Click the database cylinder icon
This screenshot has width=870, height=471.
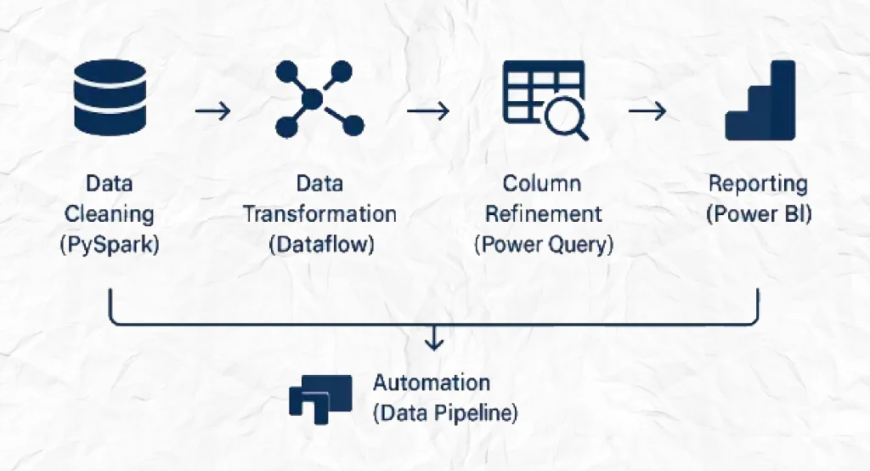click(x=110, y=98)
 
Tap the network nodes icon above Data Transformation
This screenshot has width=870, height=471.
click(x=319, y=99)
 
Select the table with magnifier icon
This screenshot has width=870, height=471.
click(x=545, y=100)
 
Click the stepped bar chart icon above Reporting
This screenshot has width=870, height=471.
click(x=760, y=100)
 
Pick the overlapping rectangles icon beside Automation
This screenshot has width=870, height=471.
click(x=320, y=400)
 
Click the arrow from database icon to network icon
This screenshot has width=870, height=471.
click(x=213, y=111)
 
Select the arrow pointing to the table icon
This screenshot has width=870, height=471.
click(x=428, y=111)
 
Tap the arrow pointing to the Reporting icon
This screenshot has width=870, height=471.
click(x=647, y=111)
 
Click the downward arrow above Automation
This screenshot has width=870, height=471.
click(x=434, y=338)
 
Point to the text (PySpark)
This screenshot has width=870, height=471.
click(x=110, y=244)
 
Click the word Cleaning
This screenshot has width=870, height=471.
click(x=110, y=214)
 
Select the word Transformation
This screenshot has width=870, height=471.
click(x=320, y=214)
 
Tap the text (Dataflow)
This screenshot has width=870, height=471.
click(x=322, y=244)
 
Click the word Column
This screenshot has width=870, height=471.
click(x=542, y=184)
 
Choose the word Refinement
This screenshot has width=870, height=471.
click(x=544, y=214)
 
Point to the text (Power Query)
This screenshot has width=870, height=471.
click(x=545, y=244)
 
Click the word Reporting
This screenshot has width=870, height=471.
click(x=759, y=184)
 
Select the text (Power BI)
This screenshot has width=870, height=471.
click(x=759, y=214)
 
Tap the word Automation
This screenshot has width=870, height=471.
click(x=432, y=383)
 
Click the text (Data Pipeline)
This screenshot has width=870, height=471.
click(x=445, y=413)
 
